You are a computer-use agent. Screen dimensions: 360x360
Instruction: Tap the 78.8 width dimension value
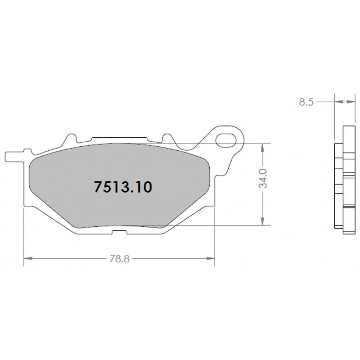coord(118,259)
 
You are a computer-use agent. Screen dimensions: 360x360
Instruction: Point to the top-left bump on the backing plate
coord(70,137)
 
